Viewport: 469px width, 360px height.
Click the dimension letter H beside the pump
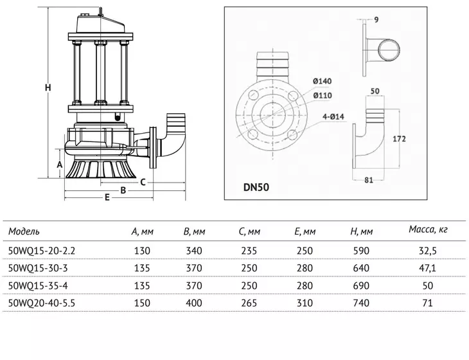[48, 87]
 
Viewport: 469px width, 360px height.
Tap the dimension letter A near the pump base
[60, 165]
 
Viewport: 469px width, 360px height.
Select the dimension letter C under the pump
[143, 182]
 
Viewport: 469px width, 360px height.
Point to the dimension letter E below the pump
[107, 197]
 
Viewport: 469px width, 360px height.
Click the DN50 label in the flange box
[256, 187]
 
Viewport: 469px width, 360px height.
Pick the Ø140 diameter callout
[322, 81]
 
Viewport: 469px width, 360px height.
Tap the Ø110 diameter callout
[323, 95]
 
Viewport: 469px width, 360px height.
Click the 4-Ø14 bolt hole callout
[333, 117]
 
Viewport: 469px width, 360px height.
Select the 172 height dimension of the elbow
[399, 139]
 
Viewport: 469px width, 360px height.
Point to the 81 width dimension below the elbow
[369, 180]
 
